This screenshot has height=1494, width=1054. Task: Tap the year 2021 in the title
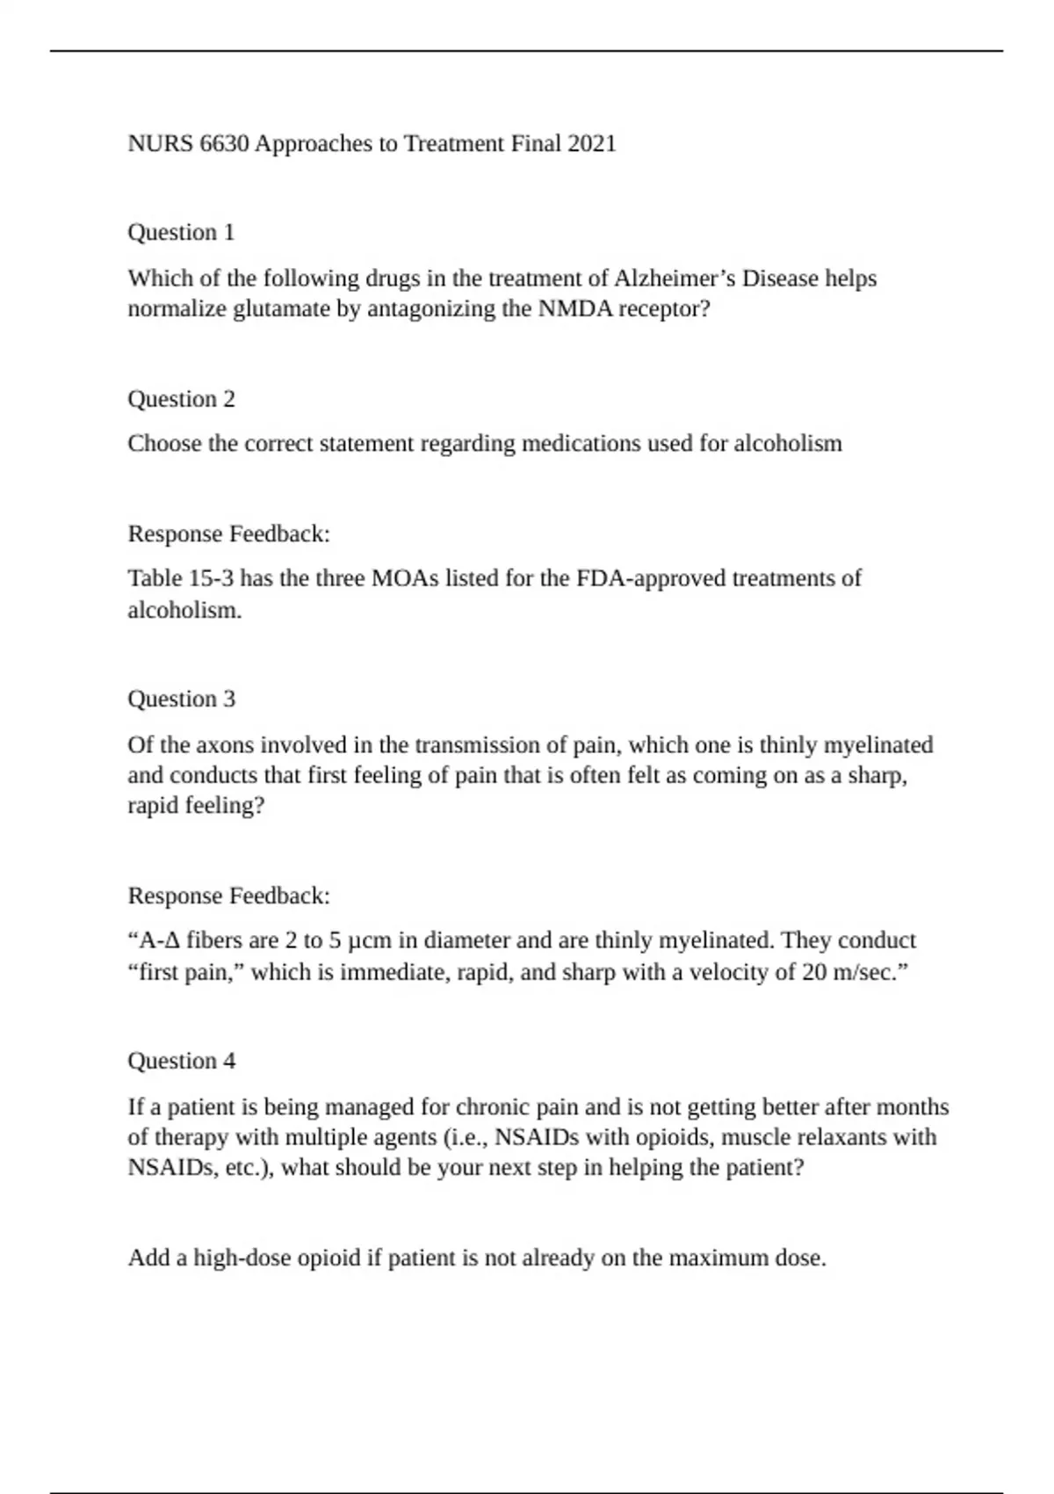coord(592,143)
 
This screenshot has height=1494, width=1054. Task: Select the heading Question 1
coord(181,232)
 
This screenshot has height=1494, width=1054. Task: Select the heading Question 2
coord(181,399)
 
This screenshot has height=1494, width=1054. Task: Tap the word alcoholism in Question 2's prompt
coord(787,444)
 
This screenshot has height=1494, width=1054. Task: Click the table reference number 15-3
coord(209,578)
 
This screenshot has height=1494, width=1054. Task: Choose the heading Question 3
coord(181,699)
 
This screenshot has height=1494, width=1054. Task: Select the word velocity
coord(742,973)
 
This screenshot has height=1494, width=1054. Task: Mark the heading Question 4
coord(181,1061)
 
